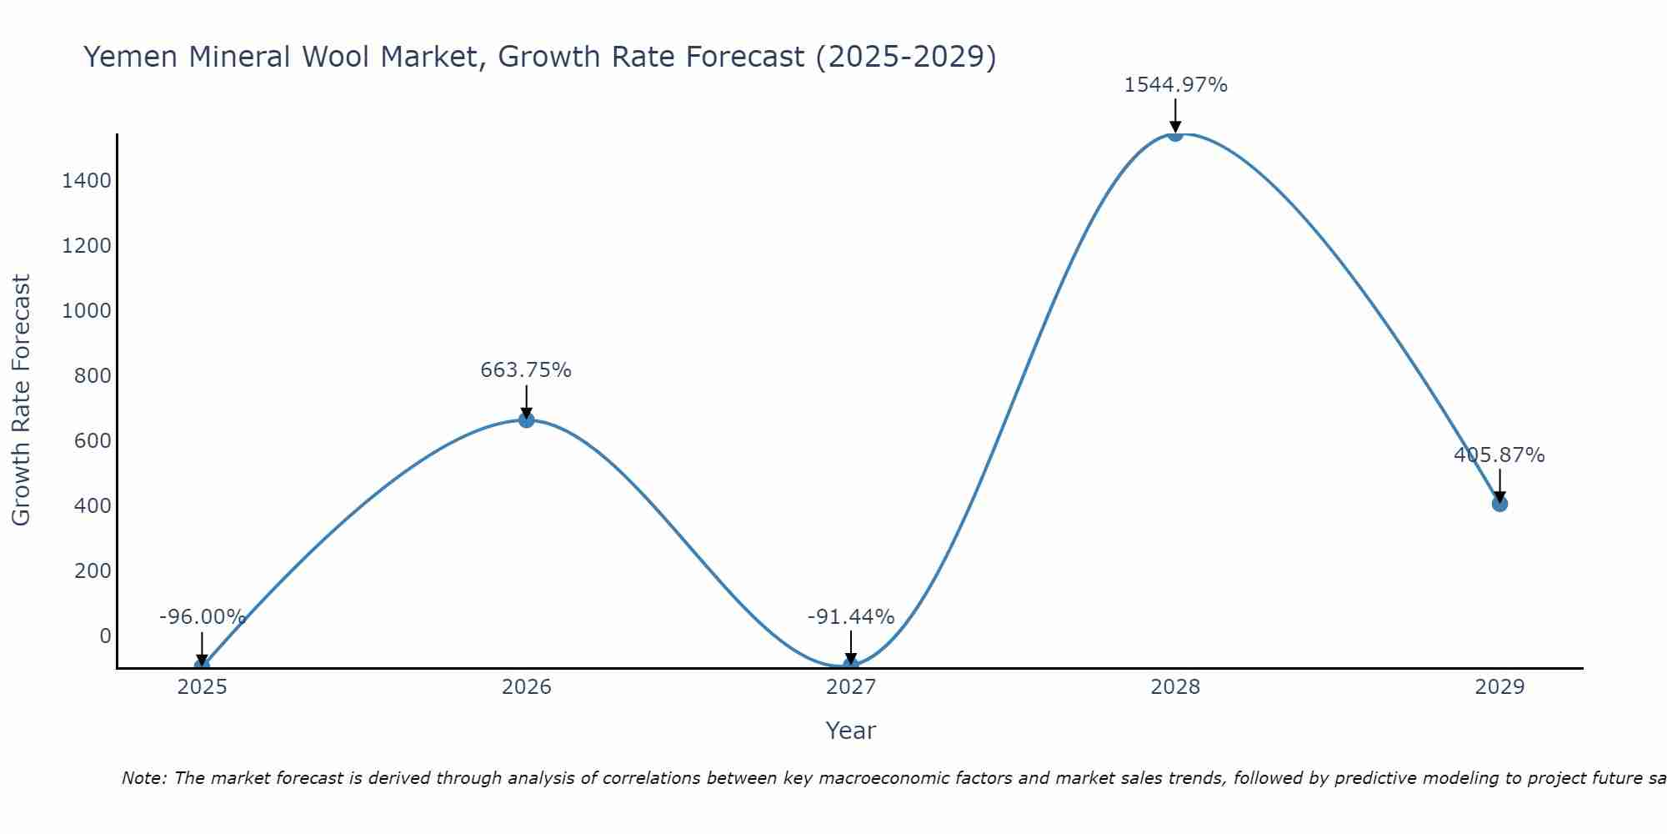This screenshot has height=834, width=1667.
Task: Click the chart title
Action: point(540,57)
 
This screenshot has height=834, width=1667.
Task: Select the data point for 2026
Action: point(526,420)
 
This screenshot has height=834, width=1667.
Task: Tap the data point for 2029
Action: point(1499,504)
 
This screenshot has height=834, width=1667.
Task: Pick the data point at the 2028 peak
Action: point(1175,133)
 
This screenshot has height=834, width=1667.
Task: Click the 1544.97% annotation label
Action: point(1175,85)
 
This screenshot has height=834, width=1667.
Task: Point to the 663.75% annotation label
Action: point(526,370)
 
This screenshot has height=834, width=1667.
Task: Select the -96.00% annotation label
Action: point(203,617)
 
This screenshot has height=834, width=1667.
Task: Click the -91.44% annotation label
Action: point(851,617)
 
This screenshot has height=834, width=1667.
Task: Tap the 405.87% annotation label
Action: point(1499,455)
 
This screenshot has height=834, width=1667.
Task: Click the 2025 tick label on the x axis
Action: point(203,687)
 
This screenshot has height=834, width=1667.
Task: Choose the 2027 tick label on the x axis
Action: point(851,687)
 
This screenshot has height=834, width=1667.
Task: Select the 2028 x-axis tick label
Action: point(1175,687)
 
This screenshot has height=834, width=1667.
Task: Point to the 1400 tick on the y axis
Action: point(87,181)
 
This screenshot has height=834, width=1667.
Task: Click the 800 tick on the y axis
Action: point(93,376)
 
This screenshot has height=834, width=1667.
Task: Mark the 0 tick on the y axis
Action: point(105,636)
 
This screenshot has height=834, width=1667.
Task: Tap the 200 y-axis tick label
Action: point(93,571)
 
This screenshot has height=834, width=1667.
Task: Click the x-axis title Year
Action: point(850,731)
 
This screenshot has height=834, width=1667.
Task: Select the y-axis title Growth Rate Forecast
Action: point(21,400)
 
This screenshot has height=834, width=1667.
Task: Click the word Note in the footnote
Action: point(143,778)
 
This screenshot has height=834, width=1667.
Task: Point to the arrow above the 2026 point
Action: point(526,401)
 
